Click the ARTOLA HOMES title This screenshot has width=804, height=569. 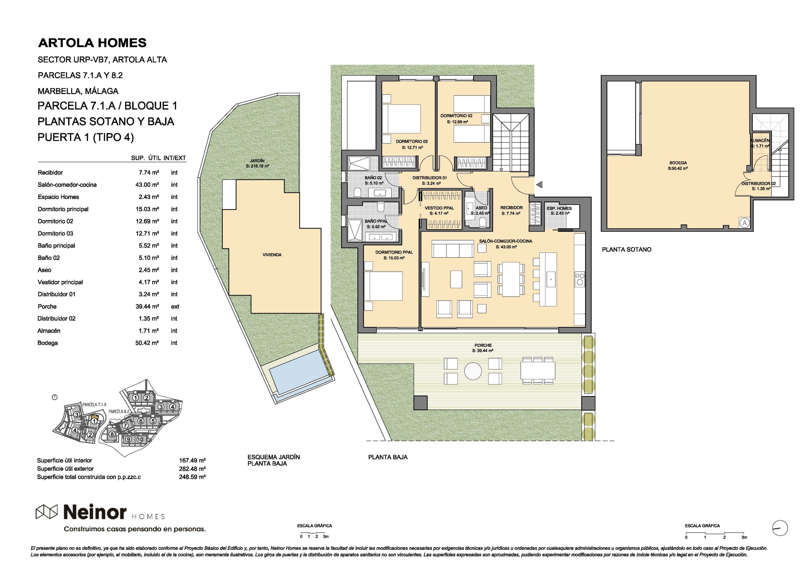point(92,43)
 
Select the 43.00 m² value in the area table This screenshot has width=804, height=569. point(147,185)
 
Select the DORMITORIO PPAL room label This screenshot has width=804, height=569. point(394,252)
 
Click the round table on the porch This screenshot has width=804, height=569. point(473,371)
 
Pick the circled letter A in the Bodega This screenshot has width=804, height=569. point(744,223)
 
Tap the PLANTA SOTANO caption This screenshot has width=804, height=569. point(627,250)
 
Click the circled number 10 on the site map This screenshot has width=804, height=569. point(140,439)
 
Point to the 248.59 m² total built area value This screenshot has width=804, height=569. point(192,477)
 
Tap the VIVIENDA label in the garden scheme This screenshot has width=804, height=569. point(272,255)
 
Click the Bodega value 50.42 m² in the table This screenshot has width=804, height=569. point(147,343)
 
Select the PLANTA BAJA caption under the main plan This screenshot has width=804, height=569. point(388,457)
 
